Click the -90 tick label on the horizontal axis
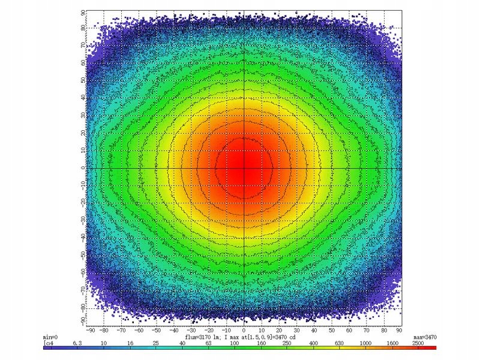click(x=90, y=329)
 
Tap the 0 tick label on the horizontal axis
click(x=244, y=329)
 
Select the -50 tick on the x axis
click(x=157, y=329)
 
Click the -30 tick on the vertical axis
click(x=81, y=220)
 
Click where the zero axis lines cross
click(x=244, y=168)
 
